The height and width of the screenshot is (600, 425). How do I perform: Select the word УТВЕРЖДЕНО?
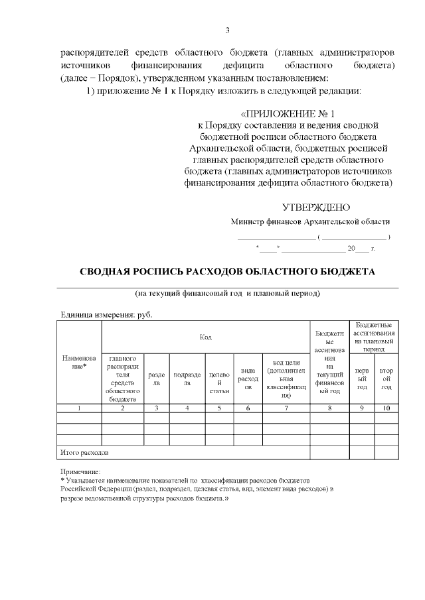click(x=316, y=207)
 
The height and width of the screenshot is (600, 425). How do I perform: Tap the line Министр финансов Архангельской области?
click(x=310, y=221)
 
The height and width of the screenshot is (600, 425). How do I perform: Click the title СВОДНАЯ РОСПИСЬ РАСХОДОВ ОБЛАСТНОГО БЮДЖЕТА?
click(x=227, y=271)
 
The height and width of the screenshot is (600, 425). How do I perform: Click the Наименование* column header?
click(x=79, y=362)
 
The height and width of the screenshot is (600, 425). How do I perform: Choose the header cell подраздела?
click(x=187, y=379)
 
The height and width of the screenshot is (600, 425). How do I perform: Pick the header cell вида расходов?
click(x=248, y=379)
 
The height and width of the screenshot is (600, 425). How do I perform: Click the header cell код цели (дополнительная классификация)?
click(x=286, y=379)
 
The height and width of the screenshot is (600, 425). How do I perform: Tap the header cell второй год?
click(x=386, y=379)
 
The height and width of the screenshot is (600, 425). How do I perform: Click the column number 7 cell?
click(x=286, y=408)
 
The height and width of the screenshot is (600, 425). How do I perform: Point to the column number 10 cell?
click(x=386, y=408)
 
